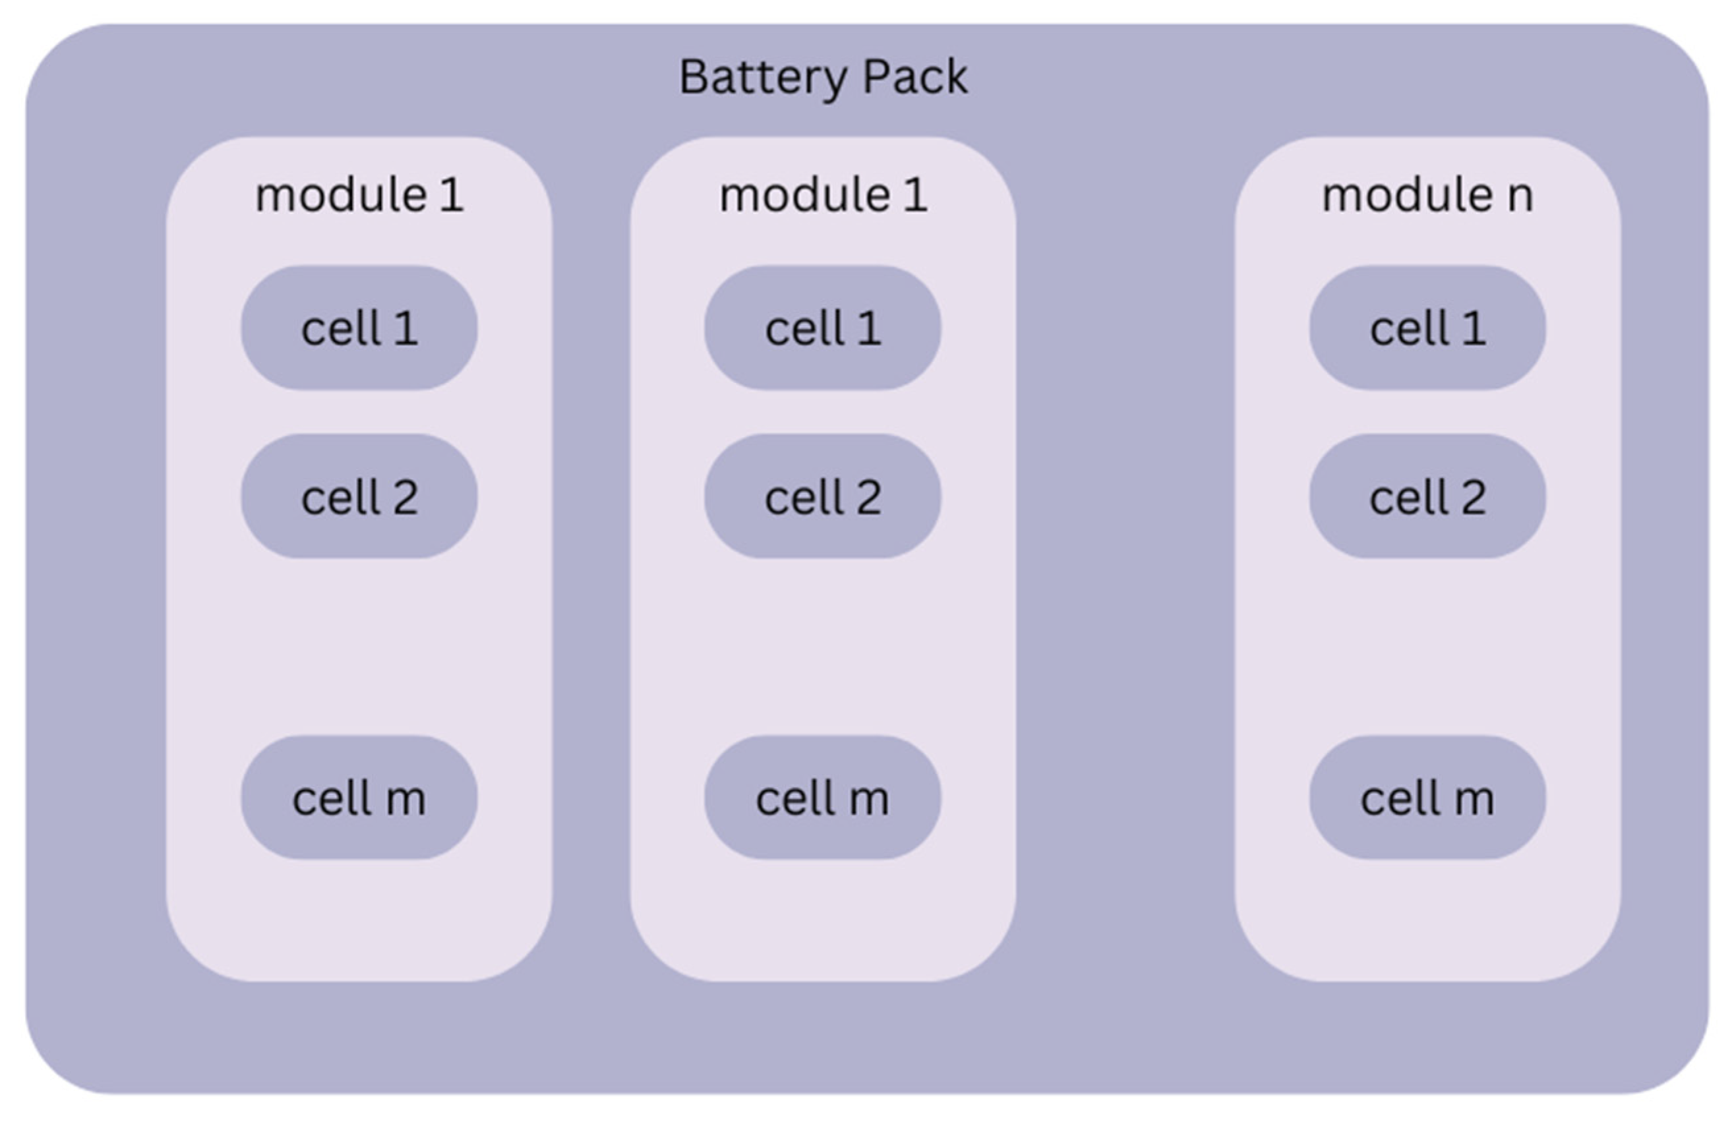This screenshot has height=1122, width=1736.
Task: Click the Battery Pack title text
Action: click(x=823, y=76)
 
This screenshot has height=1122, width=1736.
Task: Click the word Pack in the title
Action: click(x=915, y=76)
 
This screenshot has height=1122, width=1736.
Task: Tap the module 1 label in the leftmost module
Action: click(x=359, y=195)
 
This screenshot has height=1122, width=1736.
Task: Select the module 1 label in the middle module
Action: click(x=823, y=195)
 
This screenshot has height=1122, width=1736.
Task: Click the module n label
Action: click(x=1427, y=195)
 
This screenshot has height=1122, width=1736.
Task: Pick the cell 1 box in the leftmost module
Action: click(x=359, y=328)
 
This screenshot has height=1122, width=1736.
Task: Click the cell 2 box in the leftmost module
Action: click(x=359, y=496)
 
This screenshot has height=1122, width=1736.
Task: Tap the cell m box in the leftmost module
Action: click(x=359, y=798)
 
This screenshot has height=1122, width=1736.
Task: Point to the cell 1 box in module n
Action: click(x=1427, y=328)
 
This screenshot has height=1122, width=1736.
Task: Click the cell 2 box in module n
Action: click(x=1427, y=496)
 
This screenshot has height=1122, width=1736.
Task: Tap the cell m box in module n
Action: click(x=1427, y=798)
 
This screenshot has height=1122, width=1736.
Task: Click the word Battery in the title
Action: click(x=761, y=76)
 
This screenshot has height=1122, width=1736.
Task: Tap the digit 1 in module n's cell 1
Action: click(x=1473, y=328)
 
